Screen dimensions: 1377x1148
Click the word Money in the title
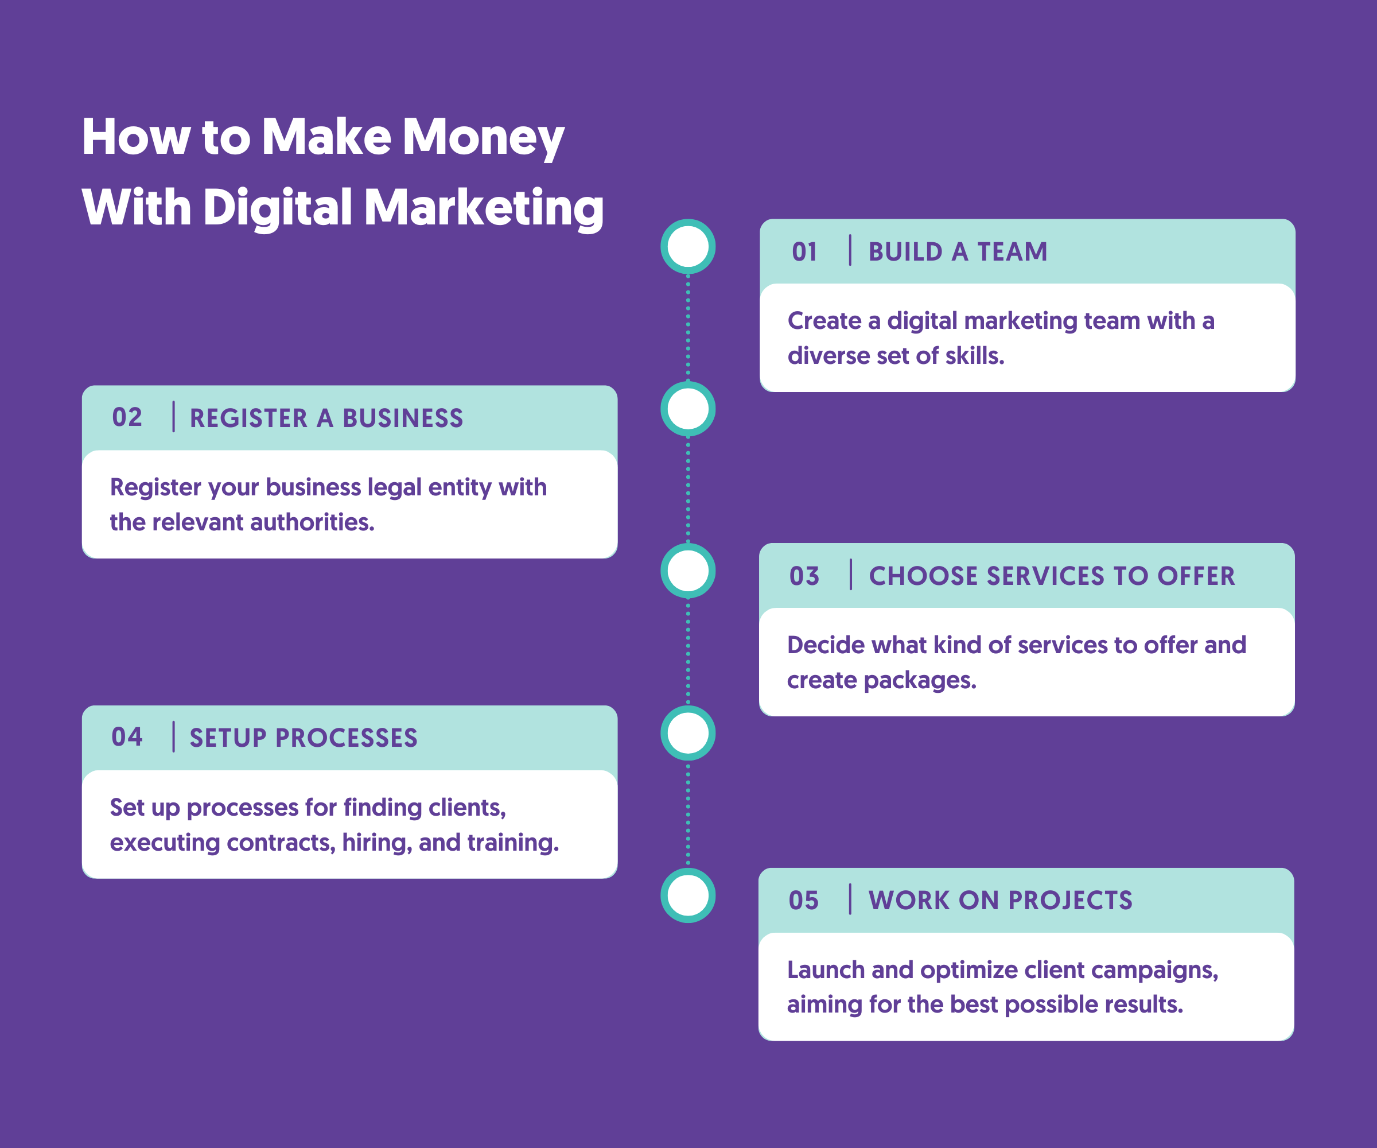click(x=483, y=138)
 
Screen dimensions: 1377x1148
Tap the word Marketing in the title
click(x=483, y=208)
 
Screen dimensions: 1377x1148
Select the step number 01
click(x=804, y=252)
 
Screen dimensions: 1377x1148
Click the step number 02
click(x=127, y=417)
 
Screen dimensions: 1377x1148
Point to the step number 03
click(x=804, y=576)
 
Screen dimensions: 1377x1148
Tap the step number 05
click(x=803, y=900)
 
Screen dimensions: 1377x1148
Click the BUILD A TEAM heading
click(x=958, y=252)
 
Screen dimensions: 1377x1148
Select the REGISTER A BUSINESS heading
click(x=326, y=418)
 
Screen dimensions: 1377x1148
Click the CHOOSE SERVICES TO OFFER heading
click(x=1052, y=576)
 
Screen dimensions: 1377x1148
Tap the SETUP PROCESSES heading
click(x=304, y=738)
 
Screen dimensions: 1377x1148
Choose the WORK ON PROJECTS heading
click(x=1001, y=900)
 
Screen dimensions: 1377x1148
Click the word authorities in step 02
click(x=312, y=522)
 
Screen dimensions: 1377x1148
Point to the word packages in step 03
click(x=920, y=681)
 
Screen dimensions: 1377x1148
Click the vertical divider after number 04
click(x=174, y=736)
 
